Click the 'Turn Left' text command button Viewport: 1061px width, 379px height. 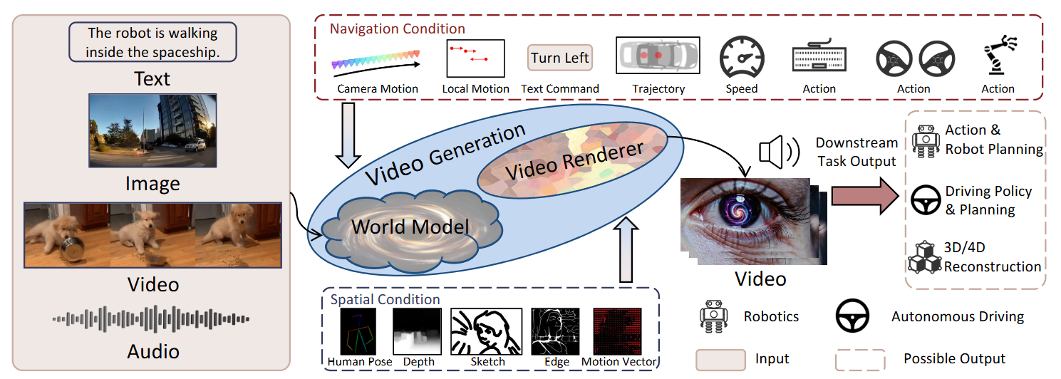[560, 58]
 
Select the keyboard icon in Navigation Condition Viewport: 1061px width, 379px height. [819, 57]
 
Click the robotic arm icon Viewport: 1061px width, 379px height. [998, 57]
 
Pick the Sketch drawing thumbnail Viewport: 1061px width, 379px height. [487, 331]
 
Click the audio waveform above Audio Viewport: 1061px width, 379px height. [151, 319]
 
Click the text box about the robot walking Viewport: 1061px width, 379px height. [152, 43]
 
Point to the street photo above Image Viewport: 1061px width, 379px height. [152, 131]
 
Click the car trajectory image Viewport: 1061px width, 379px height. [658, 57]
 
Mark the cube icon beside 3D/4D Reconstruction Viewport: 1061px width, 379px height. [924, 258]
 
